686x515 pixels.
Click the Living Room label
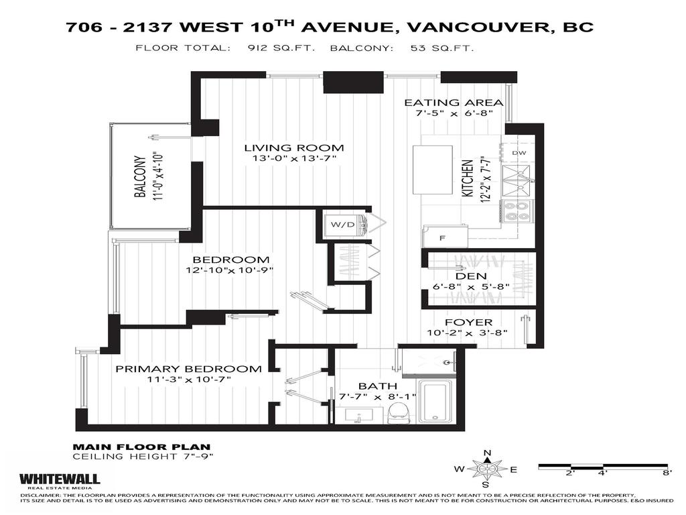coord(293,148)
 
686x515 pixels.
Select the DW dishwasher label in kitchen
coord(519,153)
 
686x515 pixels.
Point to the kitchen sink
coord(517,176)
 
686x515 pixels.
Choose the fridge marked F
coord(444,236)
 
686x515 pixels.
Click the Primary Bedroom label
coord(188,369)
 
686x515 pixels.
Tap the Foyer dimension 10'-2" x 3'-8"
coord(469,334)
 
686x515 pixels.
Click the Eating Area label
coord(454,103)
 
